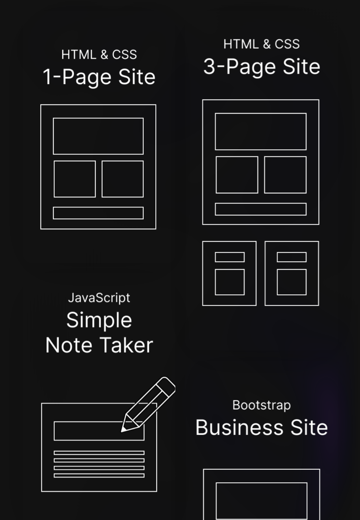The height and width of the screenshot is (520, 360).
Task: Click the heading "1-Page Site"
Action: (99, 77)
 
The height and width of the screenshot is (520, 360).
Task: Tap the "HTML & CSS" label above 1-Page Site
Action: (99, 55)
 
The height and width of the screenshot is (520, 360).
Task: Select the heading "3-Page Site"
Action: (262, 67)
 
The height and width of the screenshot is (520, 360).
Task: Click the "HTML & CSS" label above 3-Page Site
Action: (262, 44)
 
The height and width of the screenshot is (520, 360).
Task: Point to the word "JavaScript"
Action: (99, 298)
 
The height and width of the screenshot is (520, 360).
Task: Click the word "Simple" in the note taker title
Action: (99, 320)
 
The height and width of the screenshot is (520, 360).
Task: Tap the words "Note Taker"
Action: (99, 345)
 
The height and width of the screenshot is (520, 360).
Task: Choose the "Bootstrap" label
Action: (262, 405)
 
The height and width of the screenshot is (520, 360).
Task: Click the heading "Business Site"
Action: (262, 427)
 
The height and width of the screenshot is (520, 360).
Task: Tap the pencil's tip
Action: (122, 432)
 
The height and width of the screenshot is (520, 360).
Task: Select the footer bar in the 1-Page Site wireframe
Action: (98, 213)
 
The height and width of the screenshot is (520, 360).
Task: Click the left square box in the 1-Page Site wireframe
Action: (75, 179)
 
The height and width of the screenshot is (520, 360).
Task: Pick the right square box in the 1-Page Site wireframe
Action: (123, 179)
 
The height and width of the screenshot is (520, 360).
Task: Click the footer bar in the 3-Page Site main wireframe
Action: (261, 209)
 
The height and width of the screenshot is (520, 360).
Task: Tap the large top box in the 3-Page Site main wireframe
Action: (261, 132)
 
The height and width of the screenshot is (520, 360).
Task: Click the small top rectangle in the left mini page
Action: (230, 257)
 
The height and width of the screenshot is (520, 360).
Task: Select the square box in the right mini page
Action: (292, 282)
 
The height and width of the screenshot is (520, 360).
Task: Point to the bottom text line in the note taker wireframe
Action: (99, 476)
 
